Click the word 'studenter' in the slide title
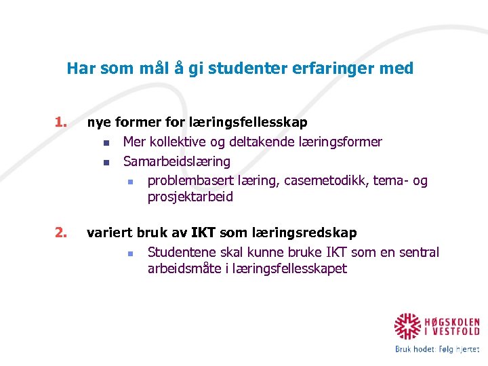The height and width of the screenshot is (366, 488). [241, 68]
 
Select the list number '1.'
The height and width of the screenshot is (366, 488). [62, 123]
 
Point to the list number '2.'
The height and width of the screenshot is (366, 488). [62, 233]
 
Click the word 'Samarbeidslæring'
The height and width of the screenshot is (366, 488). [176, 161]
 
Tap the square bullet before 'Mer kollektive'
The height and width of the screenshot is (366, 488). [106, 143]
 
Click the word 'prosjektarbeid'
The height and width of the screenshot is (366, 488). [190, 197]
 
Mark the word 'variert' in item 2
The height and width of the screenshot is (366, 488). [110, 233]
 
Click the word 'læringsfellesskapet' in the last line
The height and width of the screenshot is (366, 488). [291, 269]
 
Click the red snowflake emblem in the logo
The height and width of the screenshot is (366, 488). [409, 326]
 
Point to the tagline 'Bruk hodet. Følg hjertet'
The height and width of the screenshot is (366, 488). [437, 349]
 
